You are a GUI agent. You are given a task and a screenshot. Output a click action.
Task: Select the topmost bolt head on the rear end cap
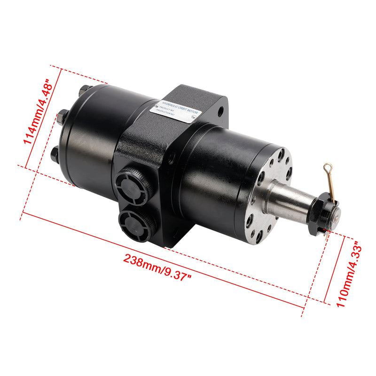(x=85, y=90)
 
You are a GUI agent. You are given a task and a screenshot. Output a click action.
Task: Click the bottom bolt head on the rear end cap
(x=55, y=155)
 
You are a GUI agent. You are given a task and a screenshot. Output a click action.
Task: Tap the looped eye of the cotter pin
(x=327, y=166)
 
